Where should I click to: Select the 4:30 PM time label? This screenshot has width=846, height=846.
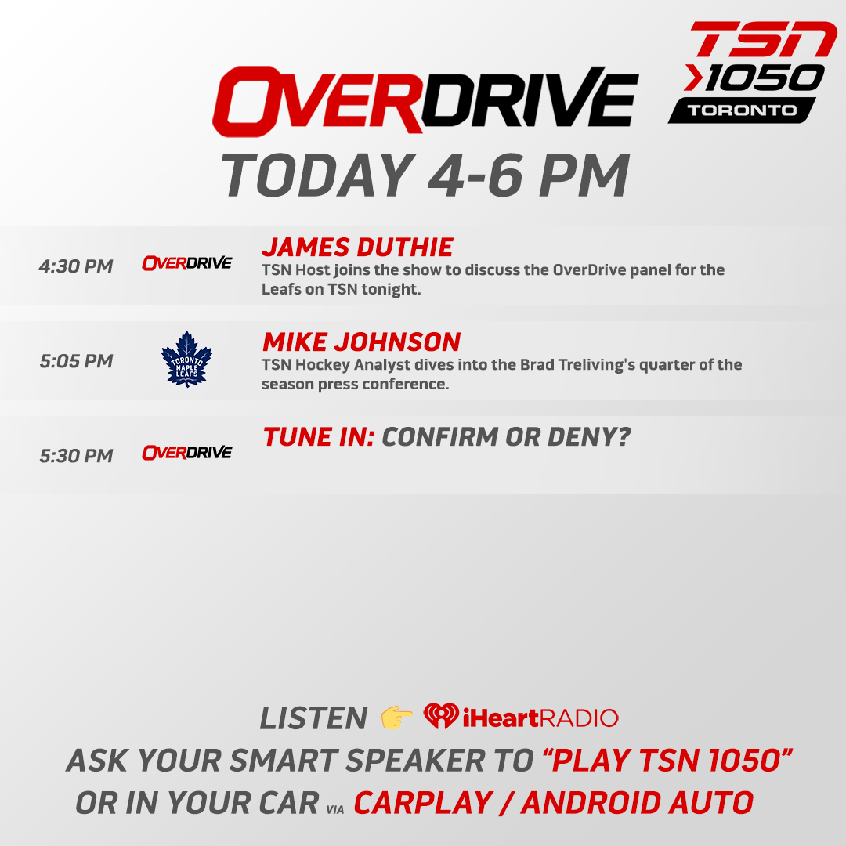pyautogui.click(x=76, y=266)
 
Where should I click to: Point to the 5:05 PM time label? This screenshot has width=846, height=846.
pyautogui.click(x=76, y=361)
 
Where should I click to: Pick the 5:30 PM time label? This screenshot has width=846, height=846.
pyautogui.click(x=76, y=456)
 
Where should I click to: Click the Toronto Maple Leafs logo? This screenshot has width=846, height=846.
pyautogui.click(x=186, y=360)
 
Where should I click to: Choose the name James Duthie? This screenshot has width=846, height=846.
pyautogui.click(x=357, y=248)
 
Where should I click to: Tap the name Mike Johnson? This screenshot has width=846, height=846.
pyautogui.click(x=361, y=342)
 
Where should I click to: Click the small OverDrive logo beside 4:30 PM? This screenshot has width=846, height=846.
pyautogui.click(x=186, y=263)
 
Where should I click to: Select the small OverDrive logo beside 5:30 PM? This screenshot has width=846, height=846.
pyautogui.click(x=186, y=453)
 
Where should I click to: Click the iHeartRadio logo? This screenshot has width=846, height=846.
pyautogui.click(x=521, y=717)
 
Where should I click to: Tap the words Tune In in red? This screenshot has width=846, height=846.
pyautogui.click(x=318, y=437)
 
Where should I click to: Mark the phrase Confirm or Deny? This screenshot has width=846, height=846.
pyautogui.click(x=506, y=437)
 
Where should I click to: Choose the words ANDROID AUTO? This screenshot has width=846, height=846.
pyautogui.click(x=638, y=803)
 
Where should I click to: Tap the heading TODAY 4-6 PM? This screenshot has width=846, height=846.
pyautogui.click(x=425, y=175)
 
